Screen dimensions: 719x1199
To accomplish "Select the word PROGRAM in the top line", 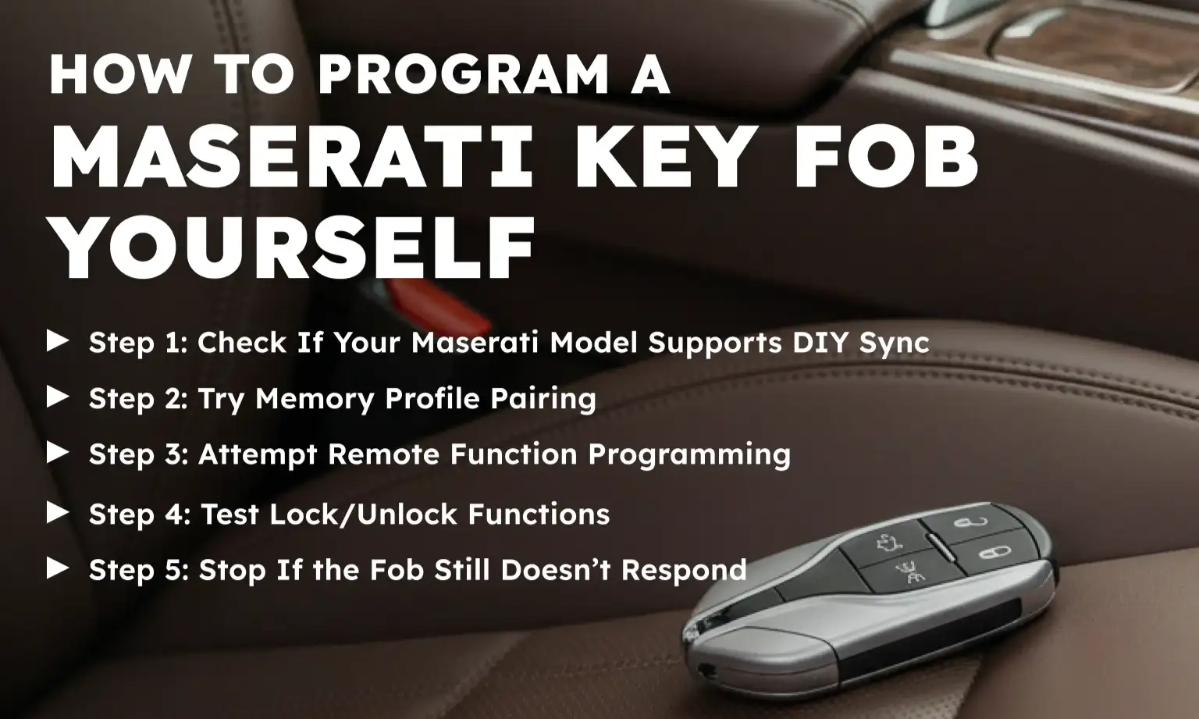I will pos(463,75).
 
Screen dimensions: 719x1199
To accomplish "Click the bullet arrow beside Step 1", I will pos(58,341).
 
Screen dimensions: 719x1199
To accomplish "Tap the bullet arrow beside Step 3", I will pos(58,453).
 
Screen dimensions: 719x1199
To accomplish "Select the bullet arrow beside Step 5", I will pos(58,568).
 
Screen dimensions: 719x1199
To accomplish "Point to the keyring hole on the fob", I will pos(709,669).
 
